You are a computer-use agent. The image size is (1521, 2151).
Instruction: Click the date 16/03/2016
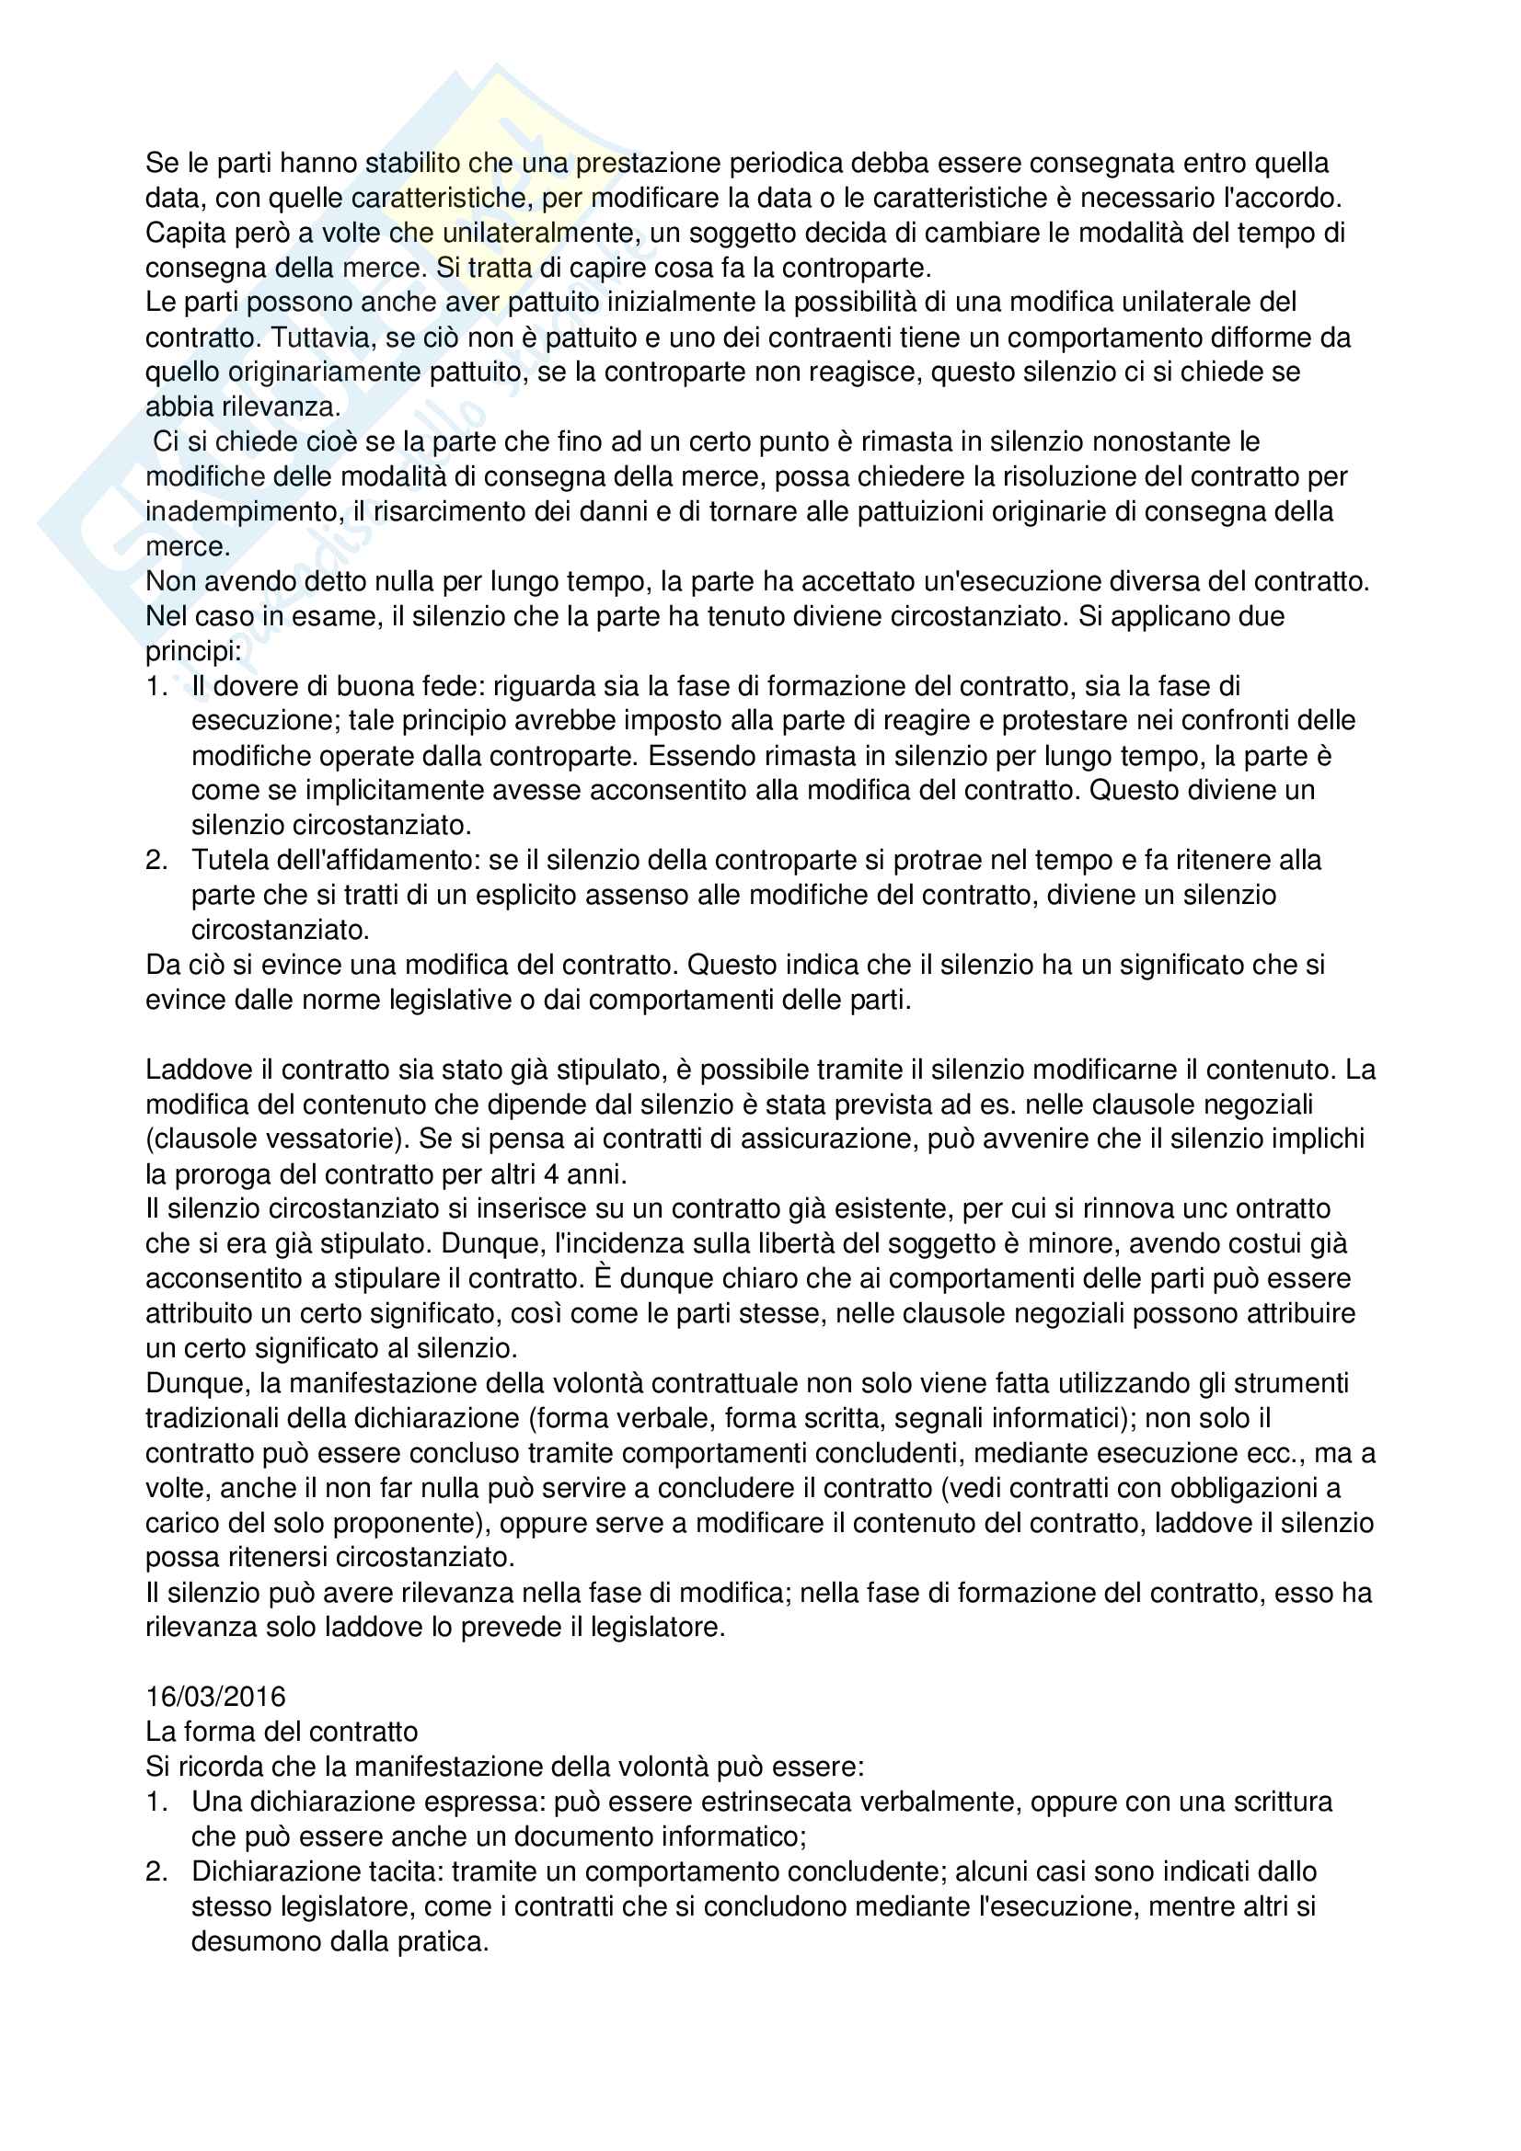tap(214, 1697)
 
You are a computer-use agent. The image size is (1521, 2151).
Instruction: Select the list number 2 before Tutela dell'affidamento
tap(156, 860)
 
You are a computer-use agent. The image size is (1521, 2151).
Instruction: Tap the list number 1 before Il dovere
tap(156, 686)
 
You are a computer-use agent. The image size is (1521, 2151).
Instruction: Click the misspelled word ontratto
tap(1279, 1208)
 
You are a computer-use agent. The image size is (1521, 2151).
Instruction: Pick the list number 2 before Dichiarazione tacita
tap(156, 1871)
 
